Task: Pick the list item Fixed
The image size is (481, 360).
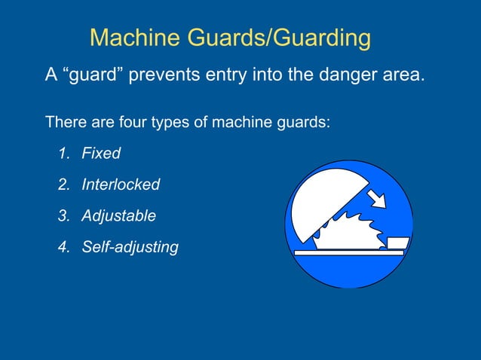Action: [x=101, y=153]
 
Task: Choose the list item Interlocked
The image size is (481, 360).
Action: [x=121, y=184]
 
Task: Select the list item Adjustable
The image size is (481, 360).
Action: [x=119, y=215]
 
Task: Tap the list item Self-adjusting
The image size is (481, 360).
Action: [x=130, y=246]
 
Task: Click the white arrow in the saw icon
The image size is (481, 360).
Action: [x=375, y=197]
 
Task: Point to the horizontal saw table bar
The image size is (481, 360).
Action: [x=348, y=253]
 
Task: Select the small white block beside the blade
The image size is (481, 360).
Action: [x=398, y=243]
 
